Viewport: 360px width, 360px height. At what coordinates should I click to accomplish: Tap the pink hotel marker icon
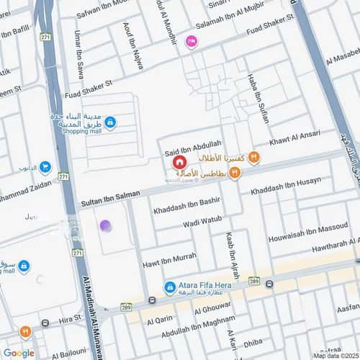[x=191, y=42]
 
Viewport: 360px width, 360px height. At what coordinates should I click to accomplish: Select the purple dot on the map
[x=106, y=226]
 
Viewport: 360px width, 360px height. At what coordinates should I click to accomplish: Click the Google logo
[x=18, y=353]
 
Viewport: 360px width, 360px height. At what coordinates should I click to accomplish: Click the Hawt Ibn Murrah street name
[x=169, y=256]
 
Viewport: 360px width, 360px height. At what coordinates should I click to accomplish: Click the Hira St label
[x=70, y=318]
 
